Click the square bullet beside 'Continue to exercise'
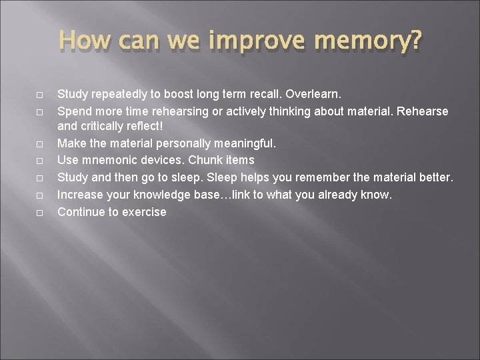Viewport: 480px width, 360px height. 41,213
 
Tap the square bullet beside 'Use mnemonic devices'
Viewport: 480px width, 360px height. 41,161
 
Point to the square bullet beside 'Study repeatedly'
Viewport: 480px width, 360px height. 41,95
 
